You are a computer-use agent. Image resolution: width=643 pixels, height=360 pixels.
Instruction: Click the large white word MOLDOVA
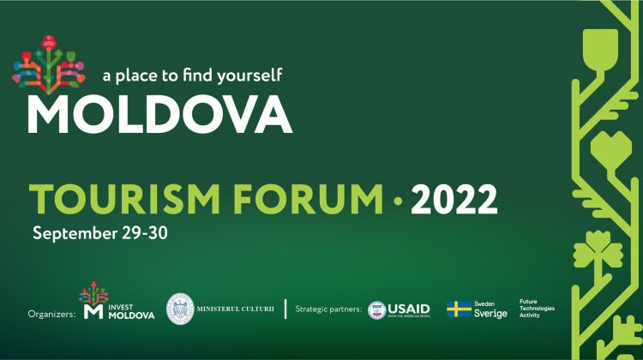pyautogui.click(x=159, y=114)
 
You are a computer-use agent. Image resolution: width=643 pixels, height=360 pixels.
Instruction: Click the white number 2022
pyautogui.click(x=454, y=200)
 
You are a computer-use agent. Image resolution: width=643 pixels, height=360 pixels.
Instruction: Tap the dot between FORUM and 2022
pyautogui.click(x=397, y=201)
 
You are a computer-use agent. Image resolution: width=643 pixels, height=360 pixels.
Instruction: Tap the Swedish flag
pyautogui.click(x=459, y=309)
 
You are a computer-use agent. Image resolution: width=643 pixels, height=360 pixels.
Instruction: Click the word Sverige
pyautogui.click(x=490, y=314)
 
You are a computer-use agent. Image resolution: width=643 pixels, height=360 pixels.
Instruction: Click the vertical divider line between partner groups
pyautogui.click(x=285, y=309)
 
